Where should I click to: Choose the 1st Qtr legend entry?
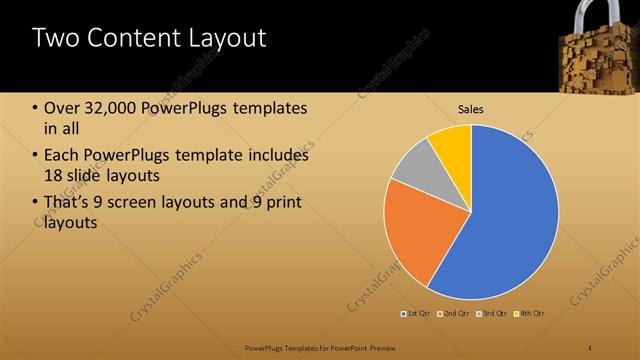point(417,314)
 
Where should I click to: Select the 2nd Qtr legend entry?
point(455,314)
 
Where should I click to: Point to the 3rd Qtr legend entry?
point(492,314)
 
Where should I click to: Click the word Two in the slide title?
point(56,39)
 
